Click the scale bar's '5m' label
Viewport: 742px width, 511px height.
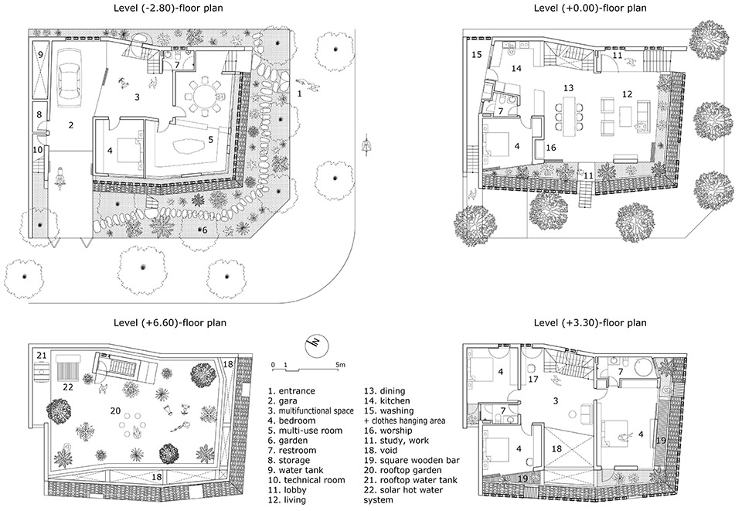tap(340, 365)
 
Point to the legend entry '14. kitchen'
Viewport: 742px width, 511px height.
tap(386, 400)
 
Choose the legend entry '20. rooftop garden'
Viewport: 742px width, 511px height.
tap(403, 470)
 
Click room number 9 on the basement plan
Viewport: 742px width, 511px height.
tap(40, 54)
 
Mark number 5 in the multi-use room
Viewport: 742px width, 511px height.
tap(210, 140)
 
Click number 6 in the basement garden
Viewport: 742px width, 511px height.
tap(204, 230)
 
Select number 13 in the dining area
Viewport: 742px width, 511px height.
tap(568, 88)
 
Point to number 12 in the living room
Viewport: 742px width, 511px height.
tap(627, 94)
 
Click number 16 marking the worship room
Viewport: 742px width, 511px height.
tap(551, 148)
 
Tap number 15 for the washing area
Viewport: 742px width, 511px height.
tap(477, 54)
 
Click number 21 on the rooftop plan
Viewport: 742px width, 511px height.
tap(42, 356)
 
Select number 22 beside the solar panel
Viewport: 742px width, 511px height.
tap(68, 387)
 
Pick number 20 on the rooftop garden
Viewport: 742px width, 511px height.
tap(115, 411)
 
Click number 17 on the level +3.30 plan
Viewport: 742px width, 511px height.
tap(533, 379)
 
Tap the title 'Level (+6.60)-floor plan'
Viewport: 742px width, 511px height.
tap(170, 323)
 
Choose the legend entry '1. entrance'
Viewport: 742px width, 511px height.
tap(291, 391)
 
